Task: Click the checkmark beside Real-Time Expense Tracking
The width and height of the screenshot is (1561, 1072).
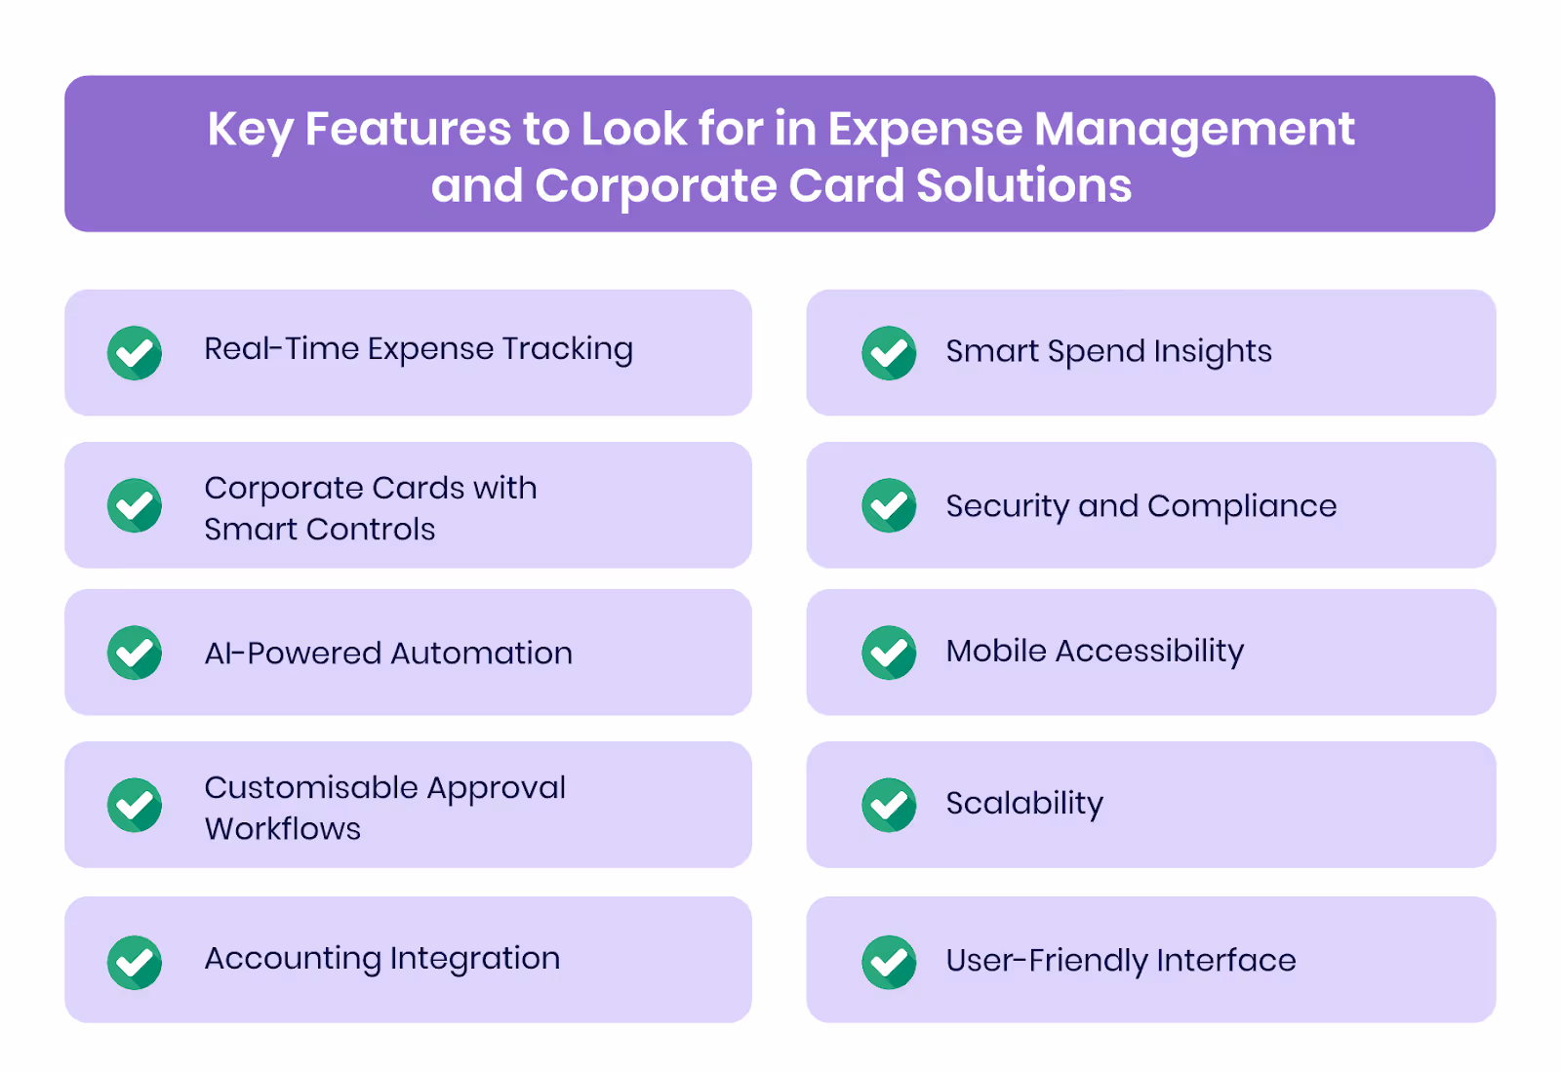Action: pos(135,353)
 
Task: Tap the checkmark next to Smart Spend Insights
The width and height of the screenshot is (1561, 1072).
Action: pos(889,353)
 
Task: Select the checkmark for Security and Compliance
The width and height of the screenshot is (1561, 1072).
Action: pos(889,505)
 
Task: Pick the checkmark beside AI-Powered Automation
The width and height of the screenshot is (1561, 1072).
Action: pos(135,653)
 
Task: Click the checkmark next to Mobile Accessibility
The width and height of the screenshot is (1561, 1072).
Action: pos(889,653)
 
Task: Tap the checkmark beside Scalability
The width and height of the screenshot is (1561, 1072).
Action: pos(889,805)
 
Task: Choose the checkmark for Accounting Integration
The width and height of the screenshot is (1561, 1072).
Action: pos(135,962)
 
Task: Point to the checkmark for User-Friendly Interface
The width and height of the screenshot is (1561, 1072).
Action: pos(889,962)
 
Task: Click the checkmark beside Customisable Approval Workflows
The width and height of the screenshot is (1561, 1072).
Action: pos(135,805)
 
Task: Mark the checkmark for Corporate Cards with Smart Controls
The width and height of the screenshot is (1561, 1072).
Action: pos(135,505)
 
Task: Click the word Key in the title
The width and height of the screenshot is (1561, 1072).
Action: pos(250,131)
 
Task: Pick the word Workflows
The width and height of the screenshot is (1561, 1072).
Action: pos(283,828)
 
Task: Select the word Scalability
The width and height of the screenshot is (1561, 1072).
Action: pos(1024,804)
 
